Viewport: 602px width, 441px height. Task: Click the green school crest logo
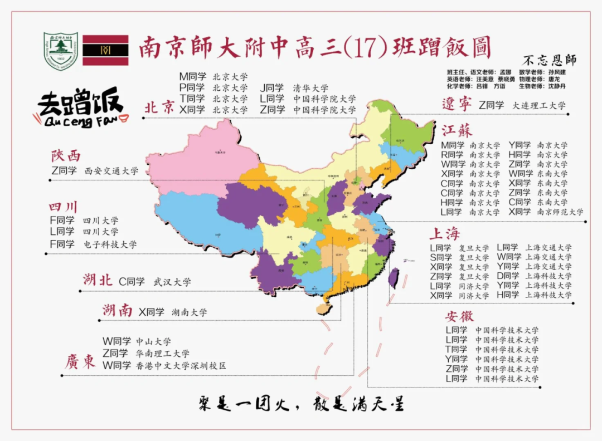(61, 51)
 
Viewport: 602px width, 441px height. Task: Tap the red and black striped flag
(105, 51)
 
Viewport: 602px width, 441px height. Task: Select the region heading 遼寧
(457, 104)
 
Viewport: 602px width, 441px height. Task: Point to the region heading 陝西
(66, 155)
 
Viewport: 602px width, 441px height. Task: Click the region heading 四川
(64, 207)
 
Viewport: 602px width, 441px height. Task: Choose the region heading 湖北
(98, 280)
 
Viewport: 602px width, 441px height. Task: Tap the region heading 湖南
(117, 311)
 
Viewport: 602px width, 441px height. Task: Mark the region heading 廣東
(80, 362)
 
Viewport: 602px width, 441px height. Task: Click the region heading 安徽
(459, 316)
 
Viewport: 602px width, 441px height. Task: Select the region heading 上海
(444, 233)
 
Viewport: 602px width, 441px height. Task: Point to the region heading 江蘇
(457, 131)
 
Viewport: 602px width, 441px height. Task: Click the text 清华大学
(310, 88)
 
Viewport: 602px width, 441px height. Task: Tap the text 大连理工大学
(538, 105)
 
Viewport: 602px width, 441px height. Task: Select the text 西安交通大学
(111, 171)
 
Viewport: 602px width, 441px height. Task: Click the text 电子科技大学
(110, 244)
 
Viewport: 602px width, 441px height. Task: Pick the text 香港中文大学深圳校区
(181, 366)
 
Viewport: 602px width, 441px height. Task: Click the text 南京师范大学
(560, 212)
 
